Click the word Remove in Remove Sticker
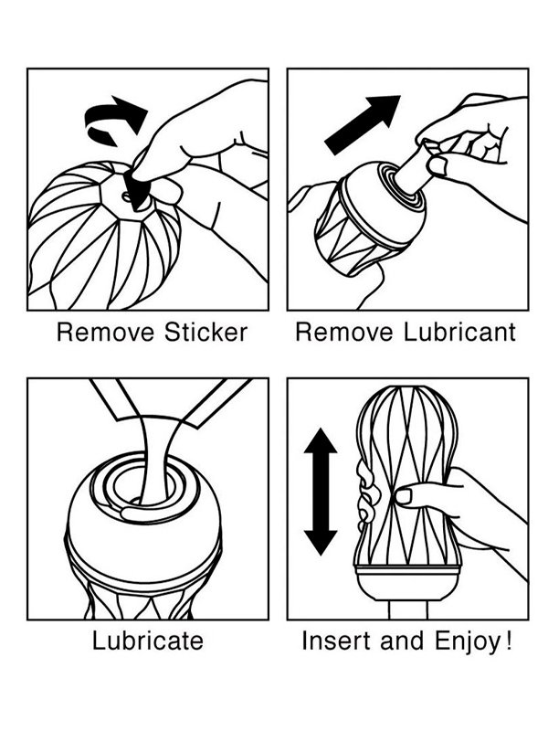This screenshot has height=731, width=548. [105, 333]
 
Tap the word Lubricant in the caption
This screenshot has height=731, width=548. [459, 333]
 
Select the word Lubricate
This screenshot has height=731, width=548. [148, 641]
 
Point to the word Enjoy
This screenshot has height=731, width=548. [468, 641]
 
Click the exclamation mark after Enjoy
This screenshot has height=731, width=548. [509, 641]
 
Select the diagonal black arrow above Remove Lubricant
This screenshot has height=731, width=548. [363, 124]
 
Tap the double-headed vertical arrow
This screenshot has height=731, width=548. [321, 492]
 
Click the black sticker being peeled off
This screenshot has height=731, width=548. [136, 187]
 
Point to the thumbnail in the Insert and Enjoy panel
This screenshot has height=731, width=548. [403, 496]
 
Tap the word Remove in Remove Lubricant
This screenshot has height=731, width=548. [345, 333]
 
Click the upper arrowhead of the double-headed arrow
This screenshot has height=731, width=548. [321, 440]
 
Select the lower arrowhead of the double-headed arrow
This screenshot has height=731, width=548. [321, 543]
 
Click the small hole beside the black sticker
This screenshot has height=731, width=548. [125, 196]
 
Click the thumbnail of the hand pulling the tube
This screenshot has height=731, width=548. [437, 165]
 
